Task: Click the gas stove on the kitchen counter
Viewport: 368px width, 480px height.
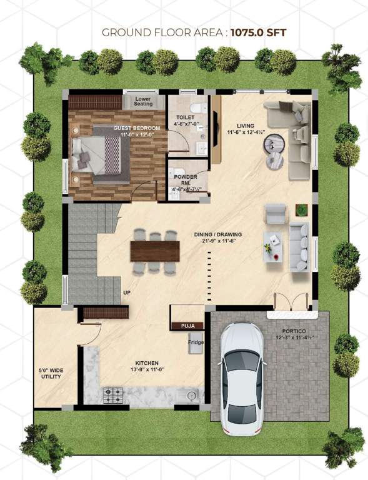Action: [113, 394]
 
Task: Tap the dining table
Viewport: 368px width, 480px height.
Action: [155, 251]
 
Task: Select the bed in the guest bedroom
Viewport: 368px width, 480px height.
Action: [99, 153]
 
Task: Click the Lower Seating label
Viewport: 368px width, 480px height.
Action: [142, 101]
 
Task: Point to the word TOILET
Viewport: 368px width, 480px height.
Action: [185, 117]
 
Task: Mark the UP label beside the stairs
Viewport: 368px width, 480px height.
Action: [127, 292]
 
